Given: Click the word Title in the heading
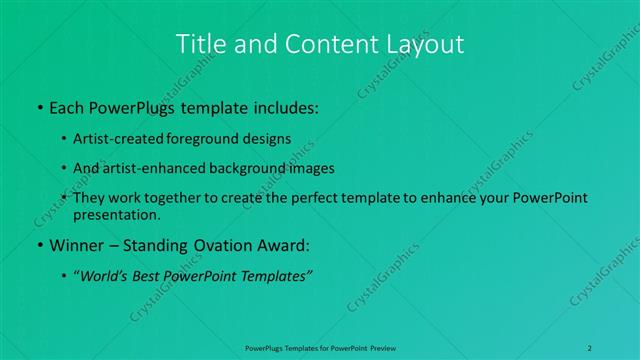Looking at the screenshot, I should point(198,44).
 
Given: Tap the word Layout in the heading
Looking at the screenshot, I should point(423,44).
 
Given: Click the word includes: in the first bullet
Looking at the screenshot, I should point(284,105).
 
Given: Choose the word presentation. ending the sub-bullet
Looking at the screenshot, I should point(117,214).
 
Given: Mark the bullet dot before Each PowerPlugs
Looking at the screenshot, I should point(39,106).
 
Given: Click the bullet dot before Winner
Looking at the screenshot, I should point(39,245).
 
